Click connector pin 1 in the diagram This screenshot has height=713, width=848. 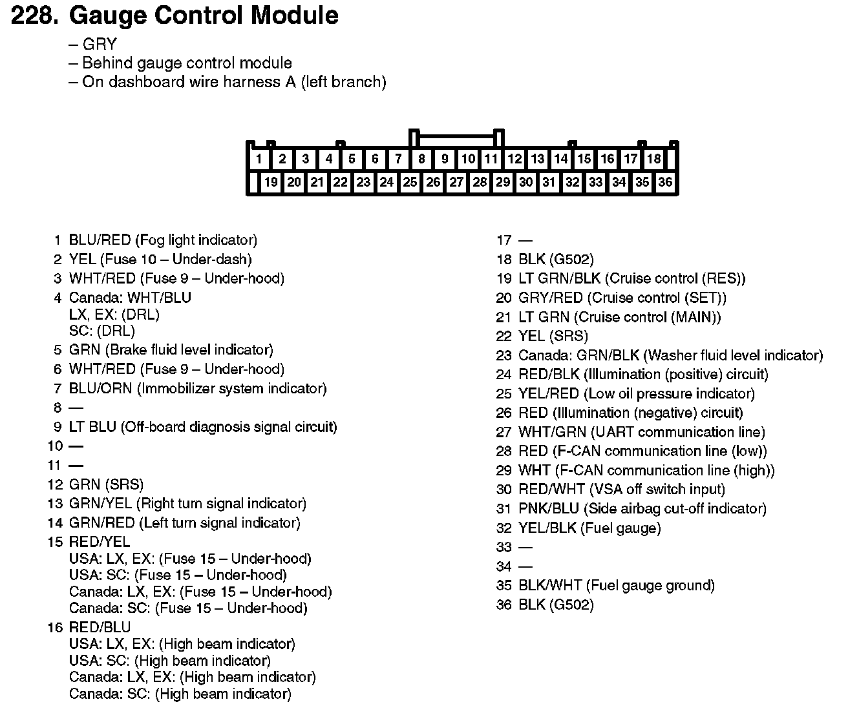259,159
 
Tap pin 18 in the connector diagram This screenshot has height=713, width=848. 654,159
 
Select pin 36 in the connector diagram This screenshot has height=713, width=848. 665,182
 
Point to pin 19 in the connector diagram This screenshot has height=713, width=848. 271,182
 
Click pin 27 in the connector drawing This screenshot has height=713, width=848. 456,182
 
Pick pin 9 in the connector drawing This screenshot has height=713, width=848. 445,159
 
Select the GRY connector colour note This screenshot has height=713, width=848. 100,45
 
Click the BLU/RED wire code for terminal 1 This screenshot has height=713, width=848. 100,240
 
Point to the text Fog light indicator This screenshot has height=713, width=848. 196,240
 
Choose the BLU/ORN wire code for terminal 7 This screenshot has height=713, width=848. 100,389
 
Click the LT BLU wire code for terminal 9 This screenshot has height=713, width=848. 92,427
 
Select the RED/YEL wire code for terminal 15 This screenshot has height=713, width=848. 99,542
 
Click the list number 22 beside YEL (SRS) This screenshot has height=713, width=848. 503,336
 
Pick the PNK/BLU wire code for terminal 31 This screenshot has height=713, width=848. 550,509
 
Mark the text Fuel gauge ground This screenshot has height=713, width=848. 650,586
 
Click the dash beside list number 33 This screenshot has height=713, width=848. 525,548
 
